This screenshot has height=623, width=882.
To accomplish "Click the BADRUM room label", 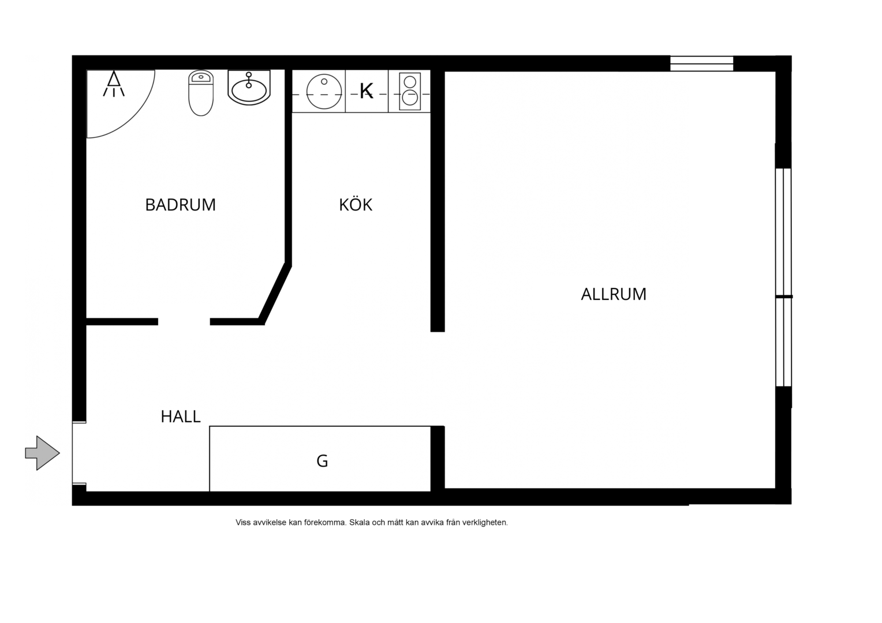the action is pos(180,205).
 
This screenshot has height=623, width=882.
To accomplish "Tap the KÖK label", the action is pos(356,205).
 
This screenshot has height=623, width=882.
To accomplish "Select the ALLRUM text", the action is pos(614,294).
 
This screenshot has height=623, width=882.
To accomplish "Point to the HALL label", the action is pos(181,416).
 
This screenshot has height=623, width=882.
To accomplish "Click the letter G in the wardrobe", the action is pos(322,461).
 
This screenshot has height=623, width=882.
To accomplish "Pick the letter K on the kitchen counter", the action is pos(366,91).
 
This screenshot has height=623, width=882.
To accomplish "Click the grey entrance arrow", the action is pos(42,453).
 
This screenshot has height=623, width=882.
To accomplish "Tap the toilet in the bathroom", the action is pos(201,93).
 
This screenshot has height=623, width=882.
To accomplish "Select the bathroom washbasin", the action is pos(249,88).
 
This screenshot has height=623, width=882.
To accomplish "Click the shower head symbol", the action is pos(114,84).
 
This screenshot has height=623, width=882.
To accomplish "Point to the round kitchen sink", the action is pos(324,92).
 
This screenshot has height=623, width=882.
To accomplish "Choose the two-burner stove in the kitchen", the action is pos(409,91).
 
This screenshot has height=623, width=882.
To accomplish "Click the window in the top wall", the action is pos(702,63).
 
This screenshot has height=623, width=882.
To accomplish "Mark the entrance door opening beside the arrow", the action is pos(79,453).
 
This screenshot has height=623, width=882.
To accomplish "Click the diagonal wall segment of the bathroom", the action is pos(275,293).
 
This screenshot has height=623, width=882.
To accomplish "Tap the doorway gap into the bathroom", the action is pos(184,322).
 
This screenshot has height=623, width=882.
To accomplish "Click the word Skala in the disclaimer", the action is pos(360,522).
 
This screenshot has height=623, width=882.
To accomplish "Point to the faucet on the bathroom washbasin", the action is pos(248,80).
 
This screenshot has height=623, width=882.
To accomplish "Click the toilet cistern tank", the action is pos(201,77).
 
